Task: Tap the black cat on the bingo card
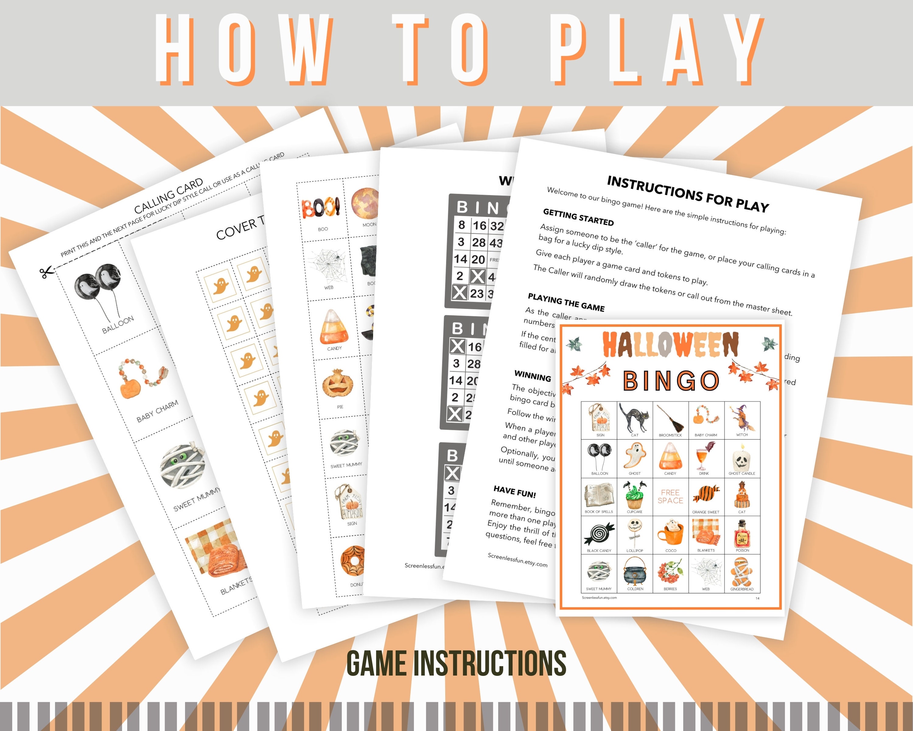click(634, 417)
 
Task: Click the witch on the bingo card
click(741, 417)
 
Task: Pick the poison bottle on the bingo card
click(742, 535)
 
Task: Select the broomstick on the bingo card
click(670, 417)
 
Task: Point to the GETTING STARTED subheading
click(578, 217)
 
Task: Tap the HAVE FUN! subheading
click(515, 492)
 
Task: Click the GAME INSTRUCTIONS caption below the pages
click(456, 663)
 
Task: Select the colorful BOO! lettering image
click(320, 208)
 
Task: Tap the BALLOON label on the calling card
click(118, 325)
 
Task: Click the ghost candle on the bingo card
click(741, 458)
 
